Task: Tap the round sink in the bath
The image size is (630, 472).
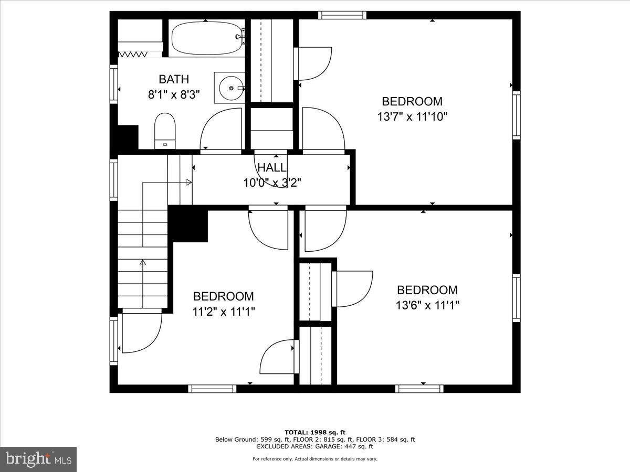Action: pos(229,88)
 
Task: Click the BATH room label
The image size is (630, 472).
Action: pos(174,80)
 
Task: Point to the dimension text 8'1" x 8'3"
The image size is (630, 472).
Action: pos(174,95)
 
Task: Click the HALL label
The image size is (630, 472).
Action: pos(272,168)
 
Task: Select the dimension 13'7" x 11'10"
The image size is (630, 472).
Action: pos(412,116)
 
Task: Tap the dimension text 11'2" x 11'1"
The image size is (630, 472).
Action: pos(224,312)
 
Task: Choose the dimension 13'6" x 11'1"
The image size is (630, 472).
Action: pos(427,305)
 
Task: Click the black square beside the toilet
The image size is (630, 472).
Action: pos(128,137)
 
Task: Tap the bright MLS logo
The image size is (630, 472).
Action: pos(38,459)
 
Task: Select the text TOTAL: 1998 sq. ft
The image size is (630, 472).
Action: pos(315,432)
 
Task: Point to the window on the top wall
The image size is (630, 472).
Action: pos(342,15)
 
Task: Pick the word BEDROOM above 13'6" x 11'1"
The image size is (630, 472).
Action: pos(427,290)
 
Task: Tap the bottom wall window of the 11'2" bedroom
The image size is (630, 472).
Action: pos(212,389)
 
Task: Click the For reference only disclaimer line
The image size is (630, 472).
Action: pos(315,459)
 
